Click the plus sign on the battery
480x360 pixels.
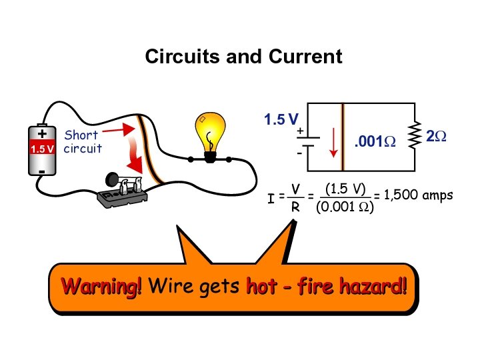tap(42, 133)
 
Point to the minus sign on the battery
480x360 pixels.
tap(41, 171)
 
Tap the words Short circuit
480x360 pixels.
tap(82, 142)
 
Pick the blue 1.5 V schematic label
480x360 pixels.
tap(281, 121)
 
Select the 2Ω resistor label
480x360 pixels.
tap(437, 137)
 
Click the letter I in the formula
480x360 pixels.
tap(270, 199)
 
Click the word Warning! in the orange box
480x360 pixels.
tap(101, 287)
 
